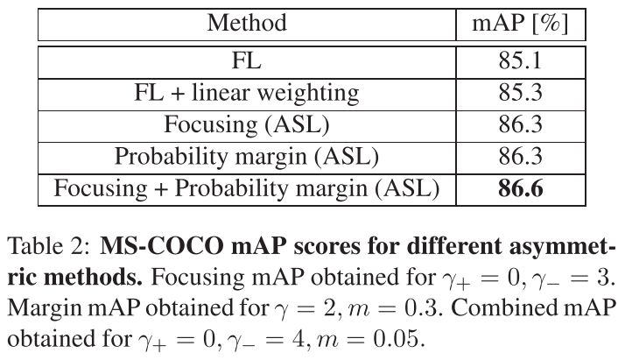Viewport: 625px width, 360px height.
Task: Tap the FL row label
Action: [x=246, y=62]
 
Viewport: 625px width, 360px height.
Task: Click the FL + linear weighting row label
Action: [x=246, y=94]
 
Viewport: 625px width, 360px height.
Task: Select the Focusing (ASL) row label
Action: [x=246, y=125]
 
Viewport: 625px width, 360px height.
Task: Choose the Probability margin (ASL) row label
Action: [x=246, y=157]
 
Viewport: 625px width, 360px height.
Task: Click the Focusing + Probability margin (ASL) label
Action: [x=246, y=188]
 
